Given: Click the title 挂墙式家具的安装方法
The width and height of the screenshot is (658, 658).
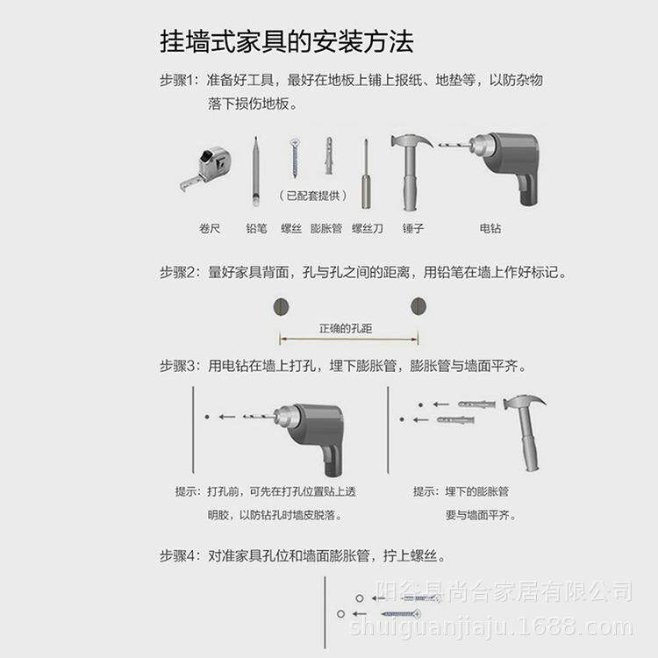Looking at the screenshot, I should pos(286,41).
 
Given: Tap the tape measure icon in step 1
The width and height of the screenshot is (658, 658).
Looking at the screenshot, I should pos(209,167).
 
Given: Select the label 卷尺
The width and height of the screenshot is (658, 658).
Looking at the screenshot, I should pos(210,228).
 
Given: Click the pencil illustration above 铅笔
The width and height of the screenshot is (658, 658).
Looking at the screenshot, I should pos(256,171).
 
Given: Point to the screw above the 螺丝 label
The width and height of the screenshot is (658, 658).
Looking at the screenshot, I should pos(295,159).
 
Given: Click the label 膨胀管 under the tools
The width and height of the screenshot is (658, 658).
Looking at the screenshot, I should pos(326,228).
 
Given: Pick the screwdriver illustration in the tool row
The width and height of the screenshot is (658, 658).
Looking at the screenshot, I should pos(366,173).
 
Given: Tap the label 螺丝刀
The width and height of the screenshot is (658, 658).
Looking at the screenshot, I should pos(368,228).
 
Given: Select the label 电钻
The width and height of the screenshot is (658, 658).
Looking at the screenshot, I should pos(490,228).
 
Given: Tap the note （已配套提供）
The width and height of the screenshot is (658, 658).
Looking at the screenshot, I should pos(313,195).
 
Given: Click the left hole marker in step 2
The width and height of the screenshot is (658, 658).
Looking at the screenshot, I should pos(281,306).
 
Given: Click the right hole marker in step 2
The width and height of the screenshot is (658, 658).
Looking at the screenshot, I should pos(418,306).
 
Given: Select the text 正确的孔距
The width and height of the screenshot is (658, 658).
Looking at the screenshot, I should pos(346,329).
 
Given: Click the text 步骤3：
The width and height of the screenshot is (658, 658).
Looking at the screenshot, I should pos(181,366).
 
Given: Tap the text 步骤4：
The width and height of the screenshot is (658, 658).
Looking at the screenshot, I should pos(181,556).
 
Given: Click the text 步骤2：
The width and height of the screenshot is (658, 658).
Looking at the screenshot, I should pos(181,272).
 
